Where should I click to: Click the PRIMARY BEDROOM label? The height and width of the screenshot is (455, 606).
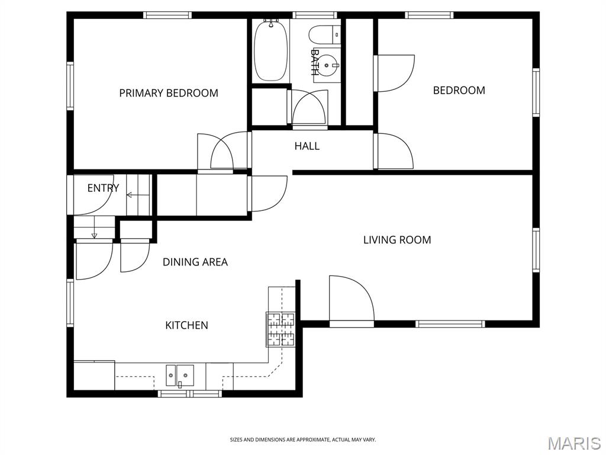point(169,93)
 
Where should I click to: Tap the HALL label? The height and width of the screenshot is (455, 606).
point(307,146)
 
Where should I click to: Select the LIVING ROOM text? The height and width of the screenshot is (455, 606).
point(397,240)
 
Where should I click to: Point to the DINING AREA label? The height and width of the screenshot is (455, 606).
point(195,262)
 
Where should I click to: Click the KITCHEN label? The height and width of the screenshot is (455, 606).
point(186,325)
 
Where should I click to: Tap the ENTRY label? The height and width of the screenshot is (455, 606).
point(103,188)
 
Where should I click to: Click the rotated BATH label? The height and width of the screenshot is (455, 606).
point(315,62)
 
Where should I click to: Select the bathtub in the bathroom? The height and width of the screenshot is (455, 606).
point(271,50)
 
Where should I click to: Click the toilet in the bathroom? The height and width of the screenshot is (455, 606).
point(325,34)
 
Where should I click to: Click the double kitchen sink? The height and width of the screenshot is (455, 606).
point(180,375)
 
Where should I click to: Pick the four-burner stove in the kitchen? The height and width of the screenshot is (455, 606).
point(281,329)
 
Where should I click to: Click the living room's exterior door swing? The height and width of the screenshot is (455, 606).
point(352,298)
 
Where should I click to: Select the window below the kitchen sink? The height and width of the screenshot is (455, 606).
point(190,394)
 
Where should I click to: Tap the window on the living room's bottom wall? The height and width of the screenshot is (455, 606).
point(450,324)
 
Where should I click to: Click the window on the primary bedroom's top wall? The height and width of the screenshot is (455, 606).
point(167,15)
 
